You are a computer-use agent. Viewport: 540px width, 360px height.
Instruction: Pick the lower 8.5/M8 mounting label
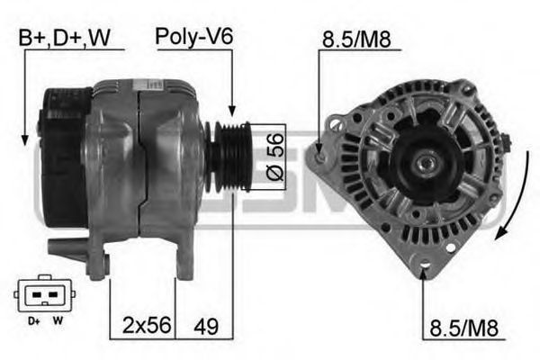pos(458,325)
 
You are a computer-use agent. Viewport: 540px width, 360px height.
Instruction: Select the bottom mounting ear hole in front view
pos(425,265)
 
